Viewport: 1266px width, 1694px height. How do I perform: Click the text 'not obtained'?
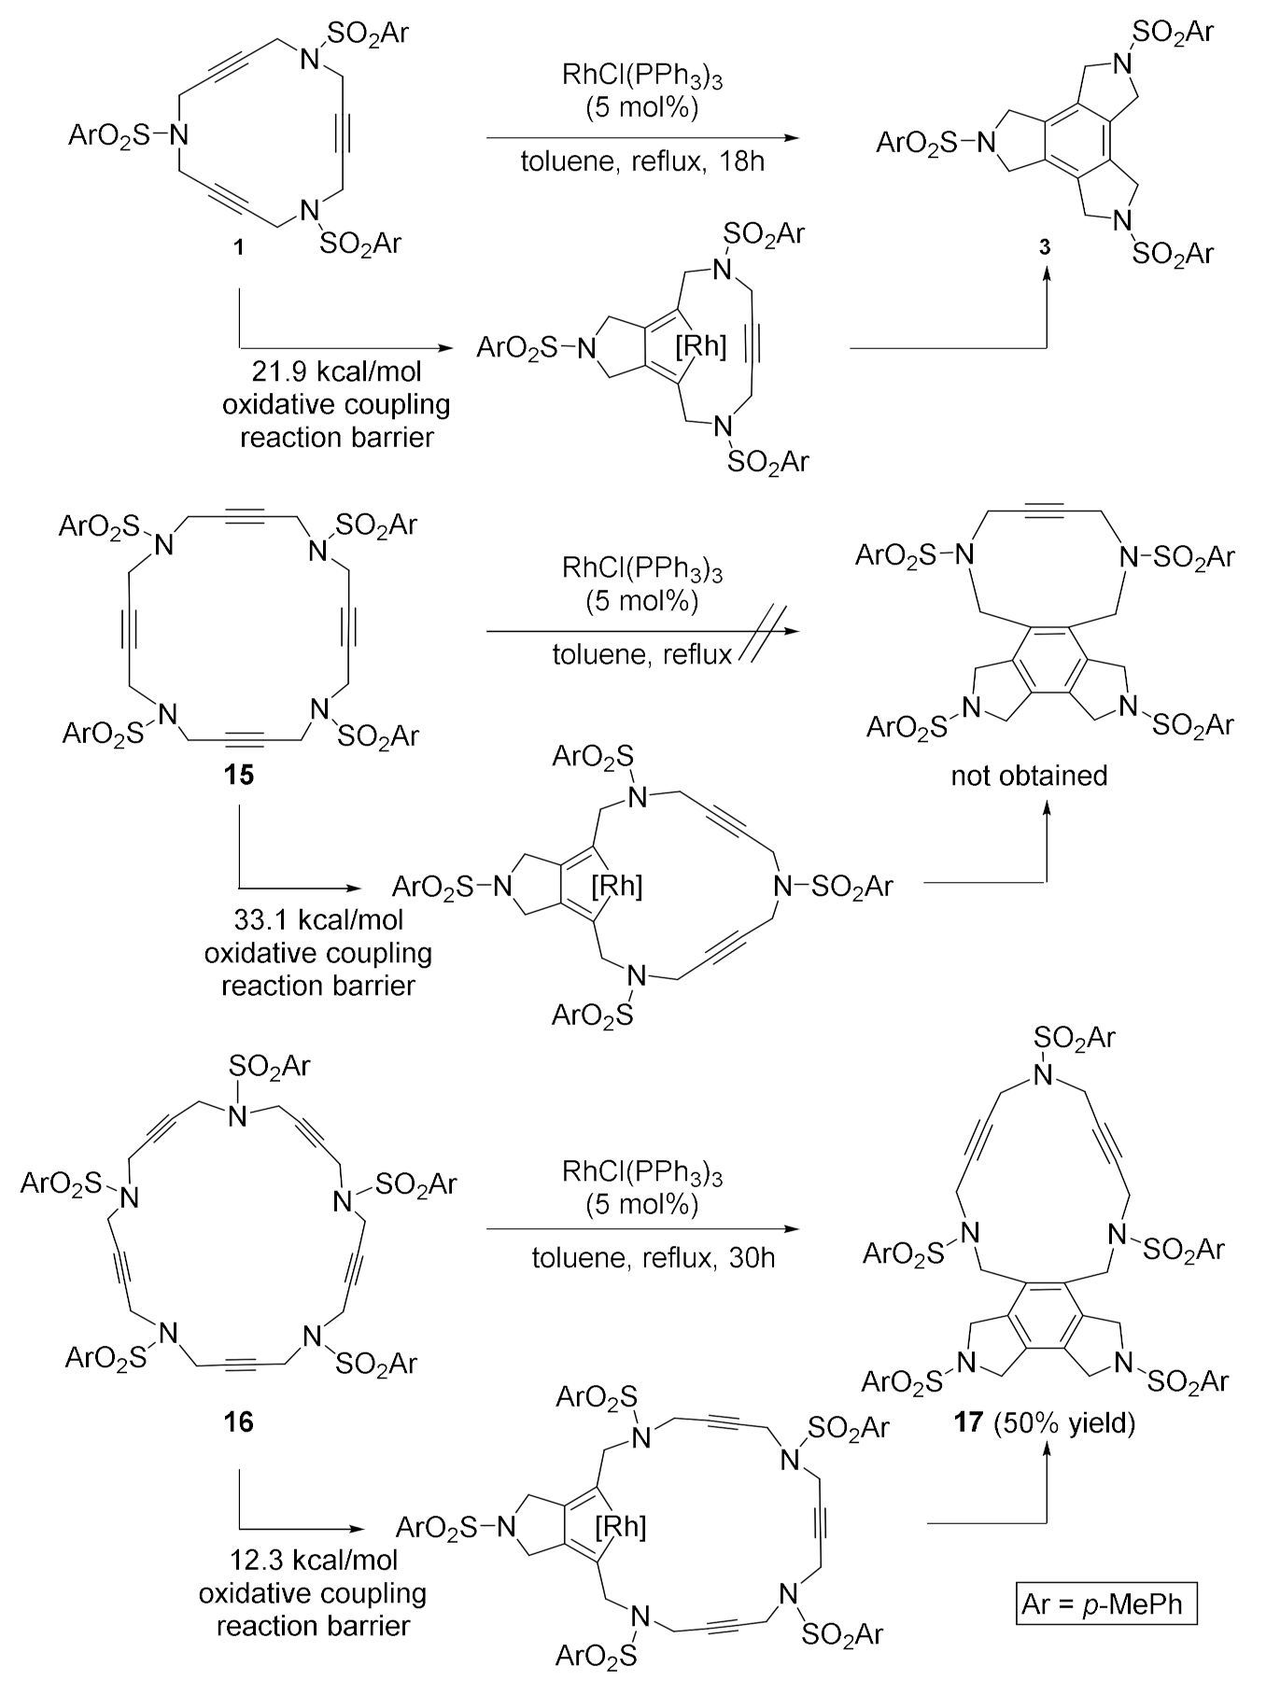pyautogui.click(x=1029, y=775)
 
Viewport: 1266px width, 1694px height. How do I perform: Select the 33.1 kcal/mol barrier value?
pyautogui.click(x=319, y=920)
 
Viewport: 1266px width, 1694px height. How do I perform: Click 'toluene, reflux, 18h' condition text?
pyautogui.click(x=642, y=161)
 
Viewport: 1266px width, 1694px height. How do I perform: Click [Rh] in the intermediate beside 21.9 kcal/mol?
pyautogui.click(x=699, y=347)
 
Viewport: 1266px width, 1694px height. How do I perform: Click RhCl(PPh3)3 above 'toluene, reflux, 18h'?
pyautogui.click(x=642, y=77)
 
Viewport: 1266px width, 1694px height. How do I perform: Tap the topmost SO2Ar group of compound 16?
pyautogui.click(x=269, y=1065)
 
